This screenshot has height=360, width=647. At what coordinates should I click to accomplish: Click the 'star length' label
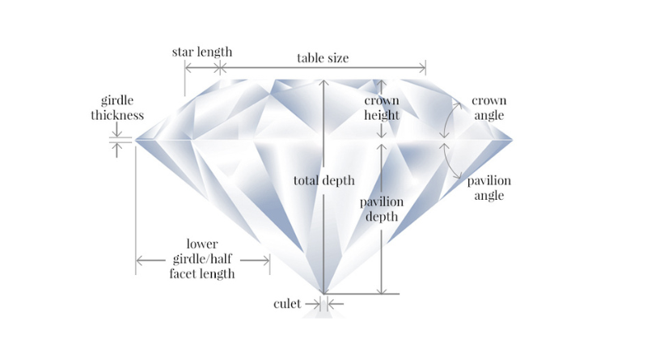click(x=202, y=52)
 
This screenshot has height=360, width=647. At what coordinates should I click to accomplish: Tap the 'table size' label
click(x=323, y=57)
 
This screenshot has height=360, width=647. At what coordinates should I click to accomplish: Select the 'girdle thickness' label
click(x=117, y=108)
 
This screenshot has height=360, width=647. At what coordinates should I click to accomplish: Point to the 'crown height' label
click(x=382, y=108)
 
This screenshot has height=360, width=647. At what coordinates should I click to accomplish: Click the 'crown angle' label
click(x=489, y=108)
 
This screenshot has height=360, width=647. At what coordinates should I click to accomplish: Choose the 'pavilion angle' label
click(x=489, y=188)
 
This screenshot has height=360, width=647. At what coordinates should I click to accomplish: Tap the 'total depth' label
click(x=324, y=180)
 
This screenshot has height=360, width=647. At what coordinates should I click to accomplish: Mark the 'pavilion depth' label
click(x=382, y=209)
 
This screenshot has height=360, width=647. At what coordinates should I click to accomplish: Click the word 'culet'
click(x=287, y=304)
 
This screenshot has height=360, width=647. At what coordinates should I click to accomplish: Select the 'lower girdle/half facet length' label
click(x=202, y=259)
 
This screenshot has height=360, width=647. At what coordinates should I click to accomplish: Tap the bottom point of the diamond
click(x=324, y=294)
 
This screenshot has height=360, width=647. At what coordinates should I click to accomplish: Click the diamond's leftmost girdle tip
click(x=136, y=141)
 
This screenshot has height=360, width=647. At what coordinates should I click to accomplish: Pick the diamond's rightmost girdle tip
click(x=512, y=141)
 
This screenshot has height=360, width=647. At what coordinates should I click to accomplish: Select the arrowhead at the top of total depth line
click(x=324, y=83)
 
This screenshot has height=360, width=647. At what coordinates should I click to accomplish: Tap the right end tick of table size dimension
click(x=425, y=67)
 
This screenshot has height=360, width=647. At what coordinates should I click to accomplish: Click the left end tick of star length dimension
click(x=185, y=67)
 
